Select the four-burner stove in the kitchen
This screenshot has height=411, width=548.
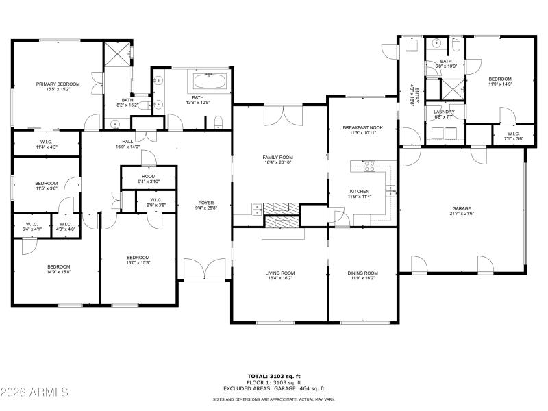click(x=369, y=165)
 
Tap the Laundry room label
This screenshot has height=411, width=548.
click(x=444, y=114)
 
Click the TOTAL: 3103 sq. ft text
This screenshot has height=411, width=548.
click(x=274, y=376)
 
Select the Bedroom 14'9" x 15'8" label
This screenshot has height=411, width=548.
click(x=58, y=269)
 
